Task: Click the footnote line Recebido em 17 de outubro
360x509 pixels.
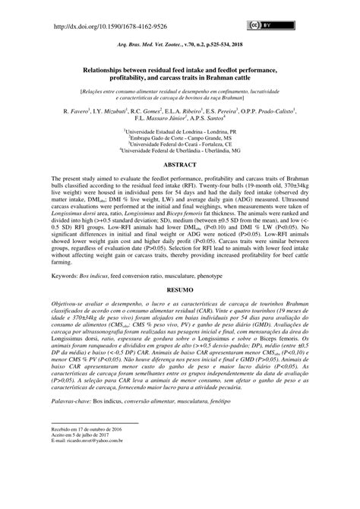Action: click(83, 472)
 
